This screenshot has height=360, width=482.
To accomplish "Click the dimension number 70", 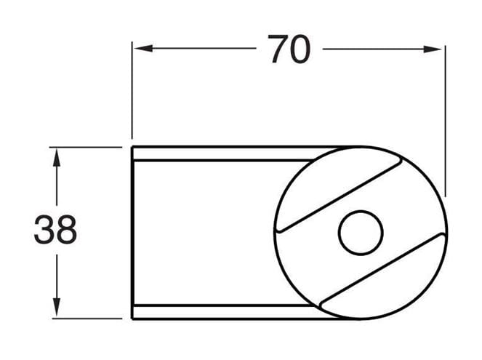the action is coord(289,49).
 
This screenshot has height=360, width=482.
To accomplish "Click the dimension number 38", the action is coord(55,229).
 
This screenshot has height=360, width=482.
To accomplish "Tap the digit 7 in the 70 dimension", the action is coord(278,49).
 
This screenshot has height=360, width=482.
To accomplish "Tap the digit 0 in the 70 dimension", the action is coord(300,49).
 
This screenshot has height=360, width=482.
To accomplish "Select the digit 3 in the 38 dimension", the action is coord(44,229).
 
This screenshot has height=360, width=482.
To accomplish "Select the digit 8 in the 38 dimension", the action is coord(67,229).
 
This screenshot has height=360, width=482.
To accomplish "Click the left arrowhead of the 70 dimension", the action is coord(143,48).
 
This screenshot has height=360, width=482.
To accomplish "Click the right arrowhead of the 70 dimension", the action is coord(433,49).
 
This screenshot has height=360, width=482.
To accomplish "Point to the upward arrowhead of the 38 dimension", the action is coord(57,157).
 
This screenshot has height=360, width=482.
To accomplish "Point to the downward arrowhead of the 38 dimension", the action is coord(57,307).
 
